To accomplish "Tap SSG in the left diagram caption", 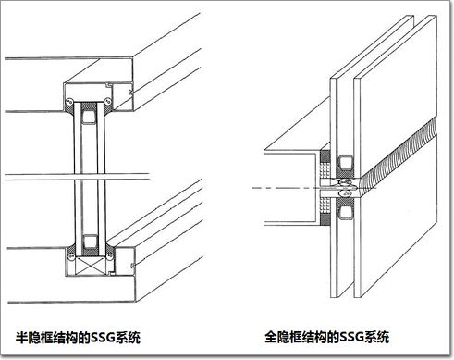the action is click(103, 338).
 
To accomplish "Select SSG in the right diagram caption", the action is click(351, 337).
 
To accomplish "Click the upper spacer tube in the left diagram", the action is click(89, 118).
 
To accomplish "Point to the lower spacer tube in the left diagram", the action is click(90, 242).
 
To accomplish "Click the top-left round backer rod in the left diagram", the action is click(68, 101).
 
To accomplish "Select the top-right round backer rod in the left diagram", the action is click(107, 101).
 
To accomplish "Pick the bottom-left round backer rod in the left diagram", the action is click(71, 256).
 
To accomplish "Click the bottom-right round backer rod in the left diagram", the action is click(109, 256).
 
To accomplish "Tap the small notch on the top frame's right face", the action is click(130, 92).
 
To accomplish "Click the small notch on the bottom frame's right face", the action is click(133, 266).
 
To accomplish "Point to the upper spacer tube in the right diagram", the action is click(346, 163).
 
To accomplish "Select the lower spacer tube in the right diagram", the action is click(346, 213).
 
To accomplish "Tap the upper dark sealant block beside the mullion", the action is click(325, 156).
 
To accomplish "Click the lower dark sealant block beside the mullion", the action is click(325, 219).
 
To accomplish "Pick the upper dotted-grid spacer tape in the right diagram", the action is click(325, 170).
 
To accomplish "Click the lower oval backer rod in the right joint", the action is click(345, 193).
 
